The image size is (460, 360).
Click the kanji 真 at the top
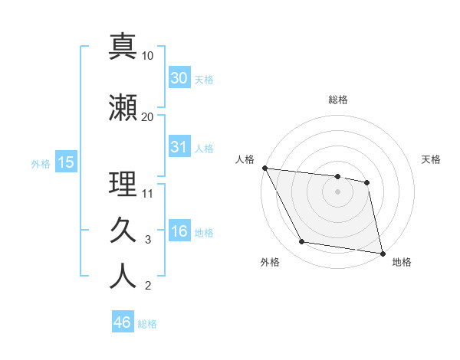click(123, 46)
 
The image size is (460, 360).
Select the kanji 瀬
click(123, 106)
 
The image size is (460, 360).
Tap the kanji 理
click(123, 183)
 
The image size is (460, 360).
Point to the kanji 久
click(123, 229)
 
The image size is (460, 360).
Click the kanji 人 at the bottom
click(123, 277)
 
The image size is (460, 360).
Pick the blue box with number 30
click(179, 78)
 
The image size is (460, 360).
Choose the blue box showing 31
click(179, 147)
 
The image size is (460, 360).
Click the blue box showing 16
click(179, 232)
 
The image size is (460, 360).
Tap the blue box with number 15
click(65, 162)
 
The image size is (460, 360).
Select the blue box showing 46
click(123, 322)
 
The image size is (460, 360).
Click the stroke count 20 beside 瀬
click(147, 116)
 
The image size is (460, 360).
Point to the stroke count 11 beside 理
click(147, 193)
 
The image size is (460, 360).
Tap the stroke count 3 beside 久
click(148, 240)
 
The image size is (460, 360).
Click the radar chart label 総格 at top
click(338, 100)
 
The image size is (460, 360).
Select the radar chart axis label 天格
click(432, 159)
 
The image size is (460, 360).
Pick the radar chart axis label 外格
click(270, 262)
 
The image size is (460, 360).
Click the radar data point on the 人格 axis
click(264, 168)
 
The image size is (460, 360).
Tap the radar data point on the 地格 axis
click(382, 252)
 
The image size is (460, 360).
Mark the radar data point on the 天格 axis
click(367, 182)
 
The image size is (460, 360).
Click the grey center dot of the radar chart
click(338, 191)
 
